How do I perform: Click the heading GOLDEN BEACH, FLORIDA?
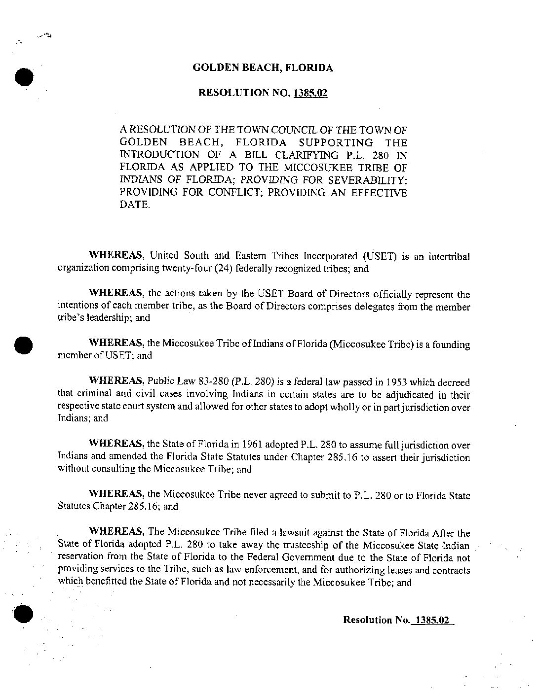click(x=263, y=68)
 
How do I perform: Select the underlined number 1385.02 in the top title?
click(x=310, y=93)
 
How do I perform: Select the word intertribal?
click(x=449, y=257)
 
